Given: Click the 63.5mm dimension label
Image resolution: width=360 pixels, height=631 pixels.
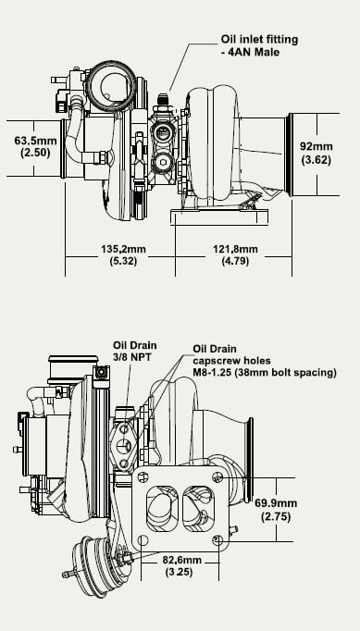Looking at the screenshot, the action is tap(35, 141).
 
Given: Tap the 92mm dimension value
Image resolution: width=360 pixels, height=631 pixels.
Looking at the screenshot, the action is tap(317, 146).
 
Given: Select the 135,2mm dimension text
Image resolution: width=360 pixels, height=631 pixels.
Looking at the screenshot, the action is tap(123, 249).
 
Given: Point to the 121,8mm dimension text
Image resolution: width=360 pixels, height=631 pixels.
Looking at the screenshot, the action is tap(235, 249).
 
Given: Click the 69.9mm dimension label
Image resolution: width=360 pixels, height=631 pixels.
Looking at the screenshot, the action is tap(276, 503).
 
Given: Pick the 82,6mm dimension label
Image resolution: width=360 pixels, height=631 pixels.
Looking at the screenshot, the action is tap(182, 560).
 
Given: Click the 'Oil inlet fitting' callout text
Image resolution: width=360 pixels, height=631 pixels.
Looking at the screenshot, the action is tap(259, 40).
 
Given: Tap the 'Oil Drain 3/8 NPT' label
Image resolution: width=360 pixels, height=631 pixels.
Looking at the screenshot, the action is tap(134, 351).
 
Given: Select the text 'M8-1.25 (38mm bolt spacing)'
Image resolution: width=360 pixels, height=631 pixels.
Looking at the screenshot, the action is tap(265, 373).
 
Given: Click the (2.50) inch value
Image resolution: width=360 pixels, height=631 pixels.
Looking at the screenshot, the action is tap(35, 153).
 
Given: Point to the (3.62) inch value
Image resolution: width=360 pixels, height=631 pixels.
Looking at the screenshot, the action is tap(317, 160).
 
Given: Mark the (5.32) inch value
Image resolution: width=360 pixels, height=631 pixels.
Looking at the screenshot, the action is tap(123, 261).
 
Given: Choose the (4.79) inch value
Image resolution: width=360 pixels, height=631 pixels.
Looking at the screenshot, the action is tap(235, 261).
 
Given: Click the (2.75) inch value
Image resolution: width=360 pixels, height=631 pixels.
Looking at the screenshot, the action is tap(276, 516).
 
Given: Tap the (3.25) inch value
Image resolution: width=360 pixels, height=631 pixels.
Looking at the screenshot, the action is tap(179, 572).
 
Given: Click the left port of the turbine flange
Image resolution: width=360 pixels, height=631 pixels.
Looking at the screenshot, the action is tap(161, 508).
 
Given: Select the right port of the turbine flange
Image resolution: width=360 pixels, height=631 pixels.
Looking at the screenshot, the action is tap(198, 508).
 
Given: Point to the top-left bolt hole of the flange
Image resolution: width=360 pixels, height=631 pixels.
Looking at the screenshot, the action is tap(143, 477).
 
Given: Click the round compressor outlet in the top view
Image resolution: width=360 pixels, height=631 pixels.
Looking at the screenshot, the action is tap(112, 86).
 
